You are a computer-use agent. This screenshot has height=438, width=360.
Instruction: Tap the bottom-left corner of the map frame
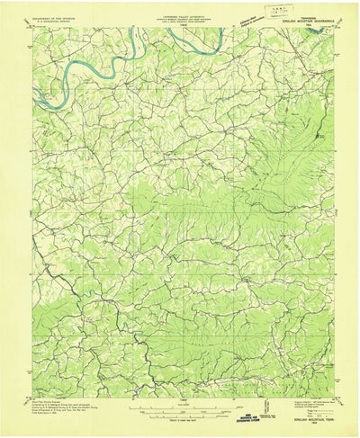coord(31,398)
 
